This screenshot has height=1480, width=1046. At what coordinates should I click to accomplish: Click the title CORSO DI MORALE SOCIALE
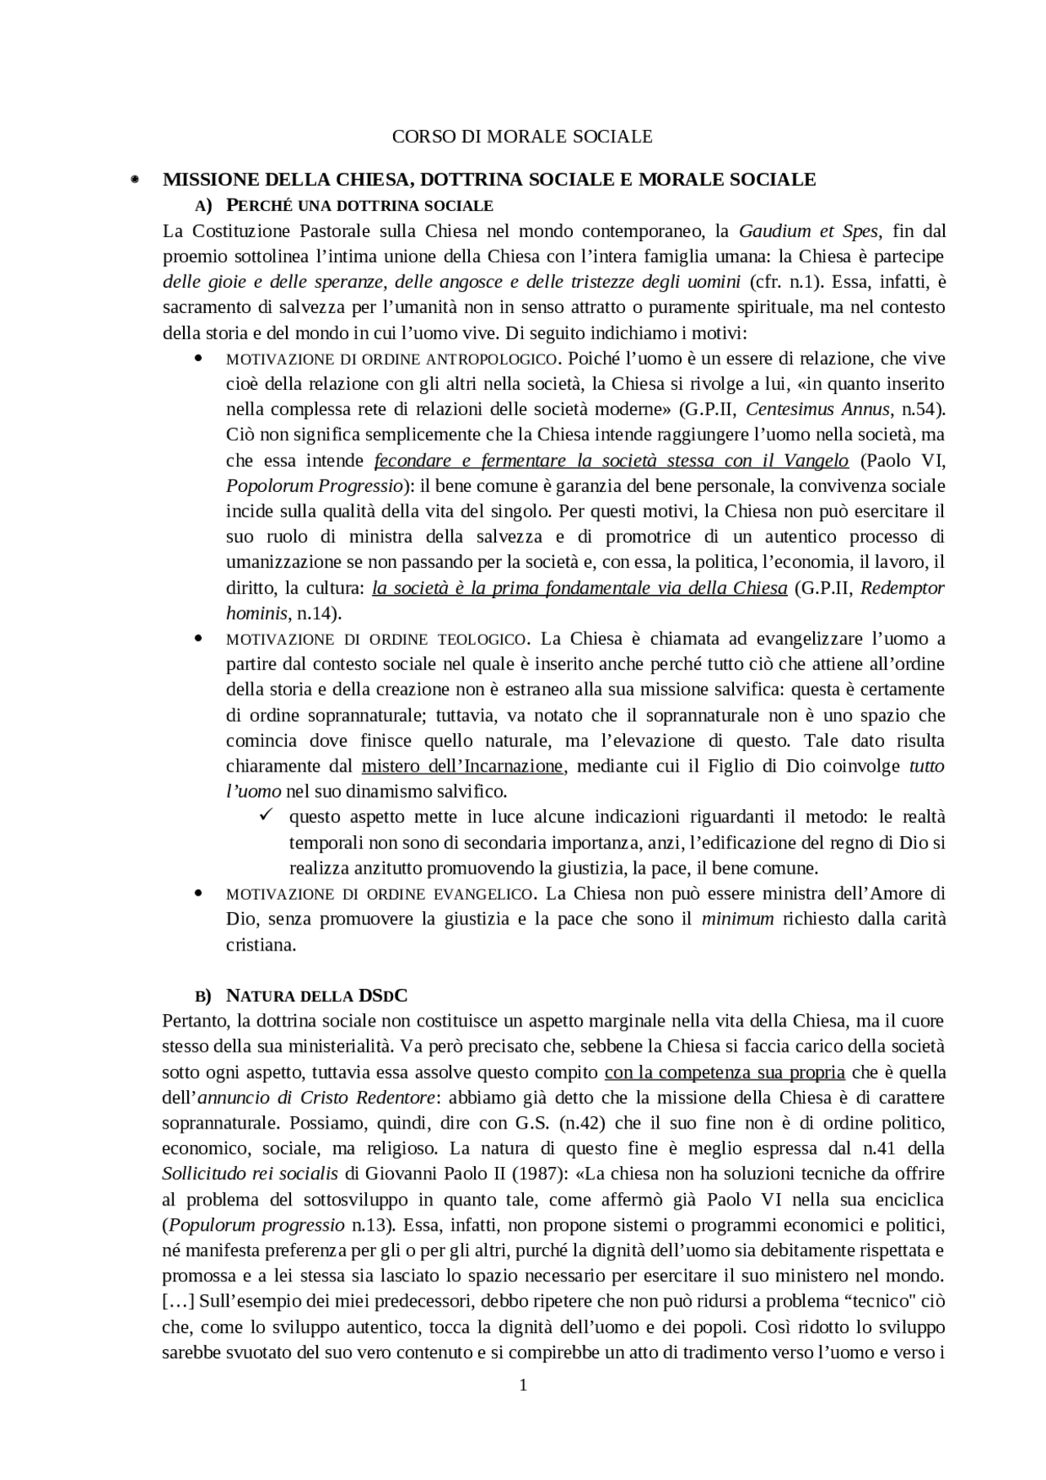pyautogui.click(x=522, y=136)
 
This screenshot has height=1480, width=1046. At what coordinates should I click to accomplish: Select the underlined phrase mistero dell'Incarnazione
pyautogui.click(x=463, y=767)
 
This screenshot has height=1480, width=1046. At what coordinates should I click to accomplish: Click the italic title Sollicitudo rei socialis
pyautogui.click(x=250, y=1174)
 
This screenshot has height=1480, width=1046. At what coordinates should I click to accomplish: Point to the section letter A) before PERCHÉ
pyautogui.click(x=203, y=205)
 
